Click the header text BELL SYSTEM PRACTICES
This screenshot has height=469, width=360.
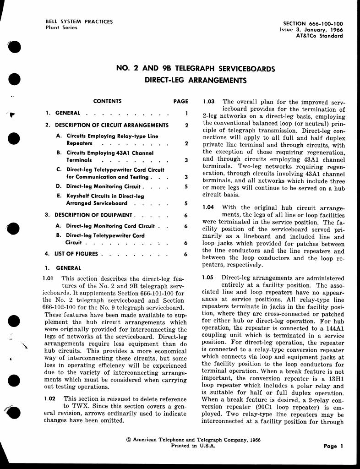pyautogui.click(x=79, y=22)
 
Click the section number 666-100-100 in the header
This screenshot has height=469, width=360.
pyautogui.click(x=326, y=24)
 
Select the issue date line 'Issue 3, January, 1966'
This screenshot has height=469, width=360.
pyautogui.click(x=311, y=30)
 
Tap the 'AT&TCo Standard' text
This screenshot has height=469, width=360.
pyautogui.click(x=319, y=36)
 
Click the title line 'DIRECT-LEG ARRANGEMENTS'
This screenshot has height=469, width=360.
pyautogui.click(x=196, y=81)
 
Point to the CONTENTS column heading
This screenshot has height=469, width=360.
pyautogui.click(x=107, y=101)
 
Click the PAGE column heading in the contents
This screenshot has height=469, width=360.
pyautogui.click(x=181, y=101)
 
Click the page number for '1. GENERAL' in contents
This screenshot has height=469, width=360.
pyautogui.click(x=186, y=113)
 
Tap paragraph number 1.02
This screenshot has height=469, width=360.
pyautogui.click(x=50, y=399)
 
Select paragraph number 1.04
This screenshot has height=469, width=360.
pyautogui.click(x=208, y=207)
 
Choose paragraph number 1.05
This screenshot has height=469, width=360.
pyautogui.click(x=208, y=278)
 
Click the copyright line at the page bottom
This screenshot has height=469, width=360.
pyautogui.click(x=193, y=440)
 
